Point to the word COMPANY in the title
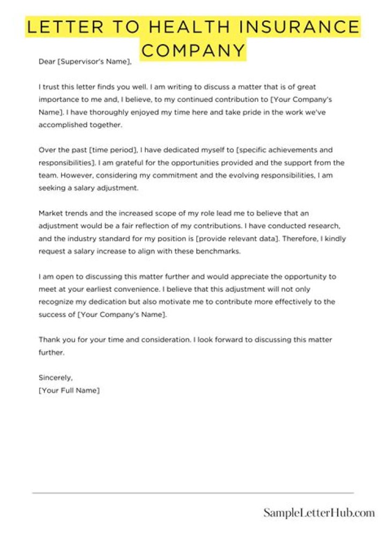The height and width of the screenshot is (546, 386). (x=194, y=51)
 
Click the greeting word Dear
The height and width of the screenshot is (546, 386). (x=47, y=62)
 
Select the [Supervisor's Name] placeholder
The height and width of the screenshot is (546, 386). (x=94, y=62)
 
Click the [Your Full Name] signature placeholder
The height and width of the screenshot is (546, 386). (x=69, y=390)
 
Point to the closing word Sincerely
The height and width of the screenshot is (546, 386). (x=56, y=378)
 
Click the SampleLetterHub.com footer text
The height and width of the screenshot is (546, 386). (x=318, y=513)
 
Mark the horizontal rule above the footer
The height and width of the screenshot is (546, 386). (x=193, y=492)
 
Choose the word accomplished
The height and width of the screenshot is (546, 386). (x=61, y=125)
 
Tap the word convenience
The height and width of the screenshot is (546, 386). (x=117, y=290)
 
